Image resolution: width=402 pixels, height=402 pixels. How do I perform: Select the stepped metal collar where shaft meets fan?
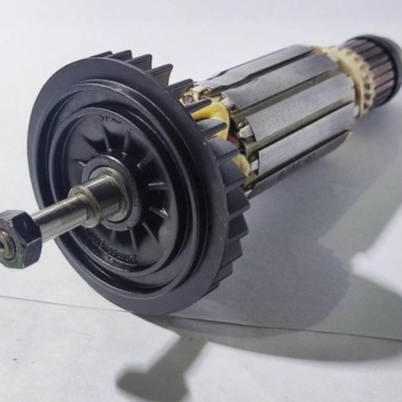tap(102, 199)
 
